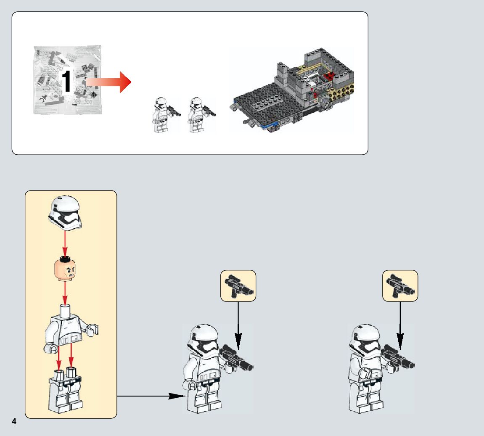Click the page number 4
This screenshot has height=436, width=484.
pos(14,421)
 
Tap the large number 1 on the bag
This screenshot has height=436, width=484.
pos(66,81)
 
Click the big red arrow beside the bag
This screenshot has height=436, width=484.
pos(108,82)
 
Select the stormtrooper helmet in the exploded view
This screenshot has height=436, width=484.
pos(65,213)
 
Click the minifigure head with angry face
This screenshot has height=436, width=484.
pos(65,270)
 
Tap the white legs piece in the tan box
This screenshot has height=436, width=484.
pos(66,390)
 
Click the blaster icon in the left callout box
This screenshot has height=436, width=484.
pos(238,285)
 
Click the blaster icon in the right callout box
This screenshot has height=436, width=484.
pos(400,285)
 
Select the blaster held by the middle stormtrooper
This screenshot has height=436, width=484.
pos(237,358)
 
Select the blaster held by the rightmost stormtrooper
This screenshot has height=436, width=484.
pos(398,357)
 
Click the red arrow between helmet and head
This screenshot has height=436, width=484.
pos(65,244)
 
